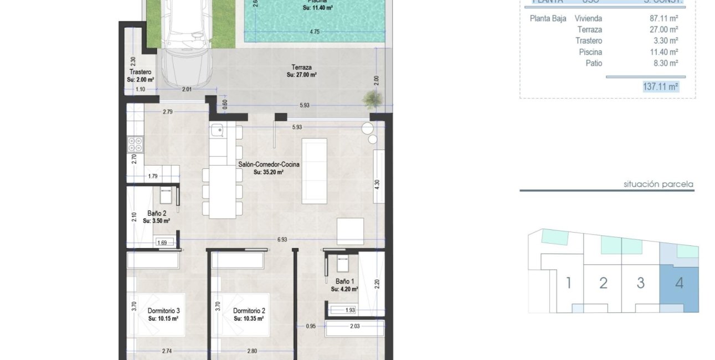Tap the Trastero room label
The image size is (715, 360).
[x=140, y=72]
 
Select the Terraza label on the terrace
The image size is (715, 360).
[x=301, y=67]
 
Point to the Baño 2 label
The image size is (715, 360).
[x=156, y=213]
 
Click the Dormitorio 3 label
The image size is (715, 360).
[x=163, y=311]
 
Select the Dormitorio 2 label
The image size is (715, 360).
[x=249, y=311]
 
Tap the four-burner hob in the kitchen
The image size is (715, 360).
[x=135, y=145]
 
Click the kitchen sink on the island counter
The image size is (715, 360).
[x=218, y=131]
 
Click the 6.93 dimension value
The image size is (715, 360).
[x=282, y=239]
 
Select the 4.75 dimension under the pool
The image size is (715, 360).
[x=315, y=32]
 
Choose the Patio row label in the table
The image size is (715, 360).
[x=594, y=64]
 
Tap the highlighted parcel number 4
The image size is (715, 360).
[x=679, y=283]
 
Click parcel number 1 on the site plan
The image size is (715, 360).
[x=568, y=283]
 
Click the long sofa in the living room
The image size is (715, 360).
[x=314, y=171]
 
